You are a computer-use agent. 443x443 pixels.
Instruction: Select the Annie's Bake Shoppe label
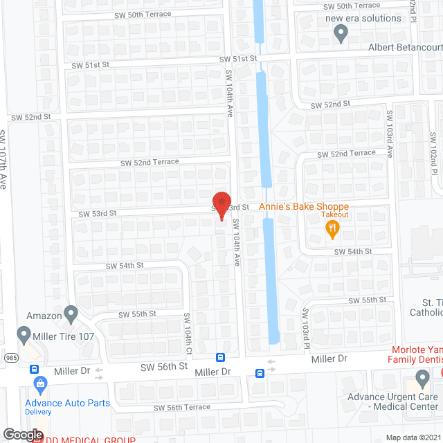coord(304,207)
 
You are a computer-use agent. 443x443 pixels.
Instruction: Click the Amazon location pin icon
coord(71,314)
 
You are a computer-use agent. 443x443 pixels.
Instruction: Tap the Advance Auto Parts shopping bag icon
coord(40,383)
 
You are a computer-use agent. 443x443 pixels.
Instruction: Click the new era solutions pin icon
coord(341,32)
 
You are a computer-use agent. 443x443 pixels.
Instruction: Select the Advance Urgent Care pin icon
coord(422,378)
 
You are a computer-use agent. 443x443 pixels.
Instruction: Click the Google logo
coord(22,435)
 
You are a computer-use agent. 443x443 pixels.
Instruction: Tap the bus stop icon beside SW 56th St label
coord(220,357)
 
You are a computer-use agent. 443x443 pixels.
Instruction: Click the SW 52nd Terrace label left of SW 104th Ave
coord(150,162)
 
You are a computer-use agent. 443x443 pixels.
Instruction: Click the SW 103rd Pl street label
coord(305,325)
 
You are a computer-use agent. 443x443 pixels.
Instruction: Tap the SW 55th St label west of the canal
coord(135,314)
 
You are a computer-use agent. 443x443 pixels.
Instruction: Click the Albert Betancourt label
coord(406,47)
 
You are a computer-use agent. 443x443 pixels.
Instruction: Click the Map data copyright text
coord(413,437)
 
